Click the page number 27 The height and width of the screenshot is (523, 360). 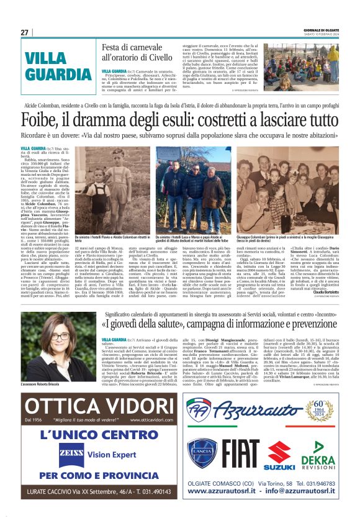point(24,32)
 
